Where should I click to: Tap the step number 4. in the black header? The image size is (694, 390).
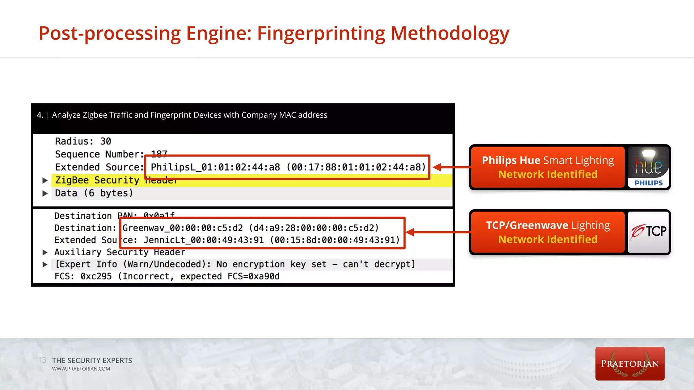(x=40, y=115)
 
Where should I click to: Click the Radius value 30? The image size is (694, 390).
(x=105, y=141)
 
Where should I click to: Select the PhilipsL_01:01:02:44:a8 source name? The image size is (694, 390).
(x=215, y=167)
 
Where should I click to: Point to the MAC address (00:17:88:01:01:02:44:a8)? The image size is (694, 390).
(x=356, y=167)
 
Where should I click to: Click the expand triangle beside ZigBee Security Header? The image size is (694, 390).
(x=45, y=180)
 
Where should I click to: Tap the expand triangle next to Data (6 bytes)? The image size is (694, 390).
(x=45, y=193)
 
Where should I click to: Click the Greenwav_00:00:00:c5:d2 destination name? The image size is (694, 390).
(x=182, y=228)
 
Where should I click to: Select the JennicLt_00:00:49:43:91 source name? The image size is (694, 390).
(x=203, y=240)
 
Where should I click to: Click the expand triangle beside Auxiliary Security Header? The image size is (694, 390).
(x=45, y=252)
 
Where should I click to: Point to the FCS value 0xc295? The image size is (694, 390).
(x=96, y=277)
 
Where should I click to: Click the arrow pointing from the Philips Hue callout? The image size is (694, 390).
(x=451, y=167)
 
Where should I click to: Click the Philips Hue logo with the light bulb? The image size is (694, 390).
(x=648, y=167)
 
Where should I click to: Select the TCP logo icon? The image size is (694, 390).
(x=648, y=232)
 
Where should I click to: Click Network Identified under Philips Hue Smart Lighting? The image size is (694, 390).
(x=548, y=174)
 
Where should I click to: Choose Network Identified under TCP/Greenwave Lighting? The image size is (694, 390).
(x=548, y=239)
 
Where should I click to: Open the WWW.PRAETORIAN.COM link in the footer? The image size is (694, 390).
(x=81, y=369)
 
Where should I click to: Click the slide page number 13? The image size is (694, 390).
(x=42, y=360)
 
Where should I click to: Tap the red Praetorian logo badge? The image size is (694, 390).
(x=630, y=364)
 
